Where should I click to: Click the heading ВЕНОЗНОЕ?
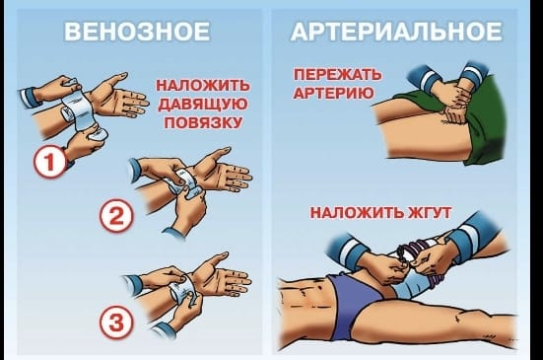137,32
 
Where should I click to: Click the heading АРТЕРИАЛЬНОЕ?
396,32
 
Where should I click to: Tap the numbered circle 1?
50,162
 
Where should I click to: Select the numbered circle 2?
116,217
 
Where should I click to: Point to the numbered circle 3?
116,323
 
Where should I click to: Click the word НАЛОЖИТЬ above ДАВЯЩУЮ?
203,85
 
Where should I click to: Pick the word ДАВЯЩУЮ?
203,104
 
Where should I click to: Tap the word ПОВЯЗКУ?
203,122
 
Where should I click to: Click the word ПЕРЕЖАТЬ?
338,75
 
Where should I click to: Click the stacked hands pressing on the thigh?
450,101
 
